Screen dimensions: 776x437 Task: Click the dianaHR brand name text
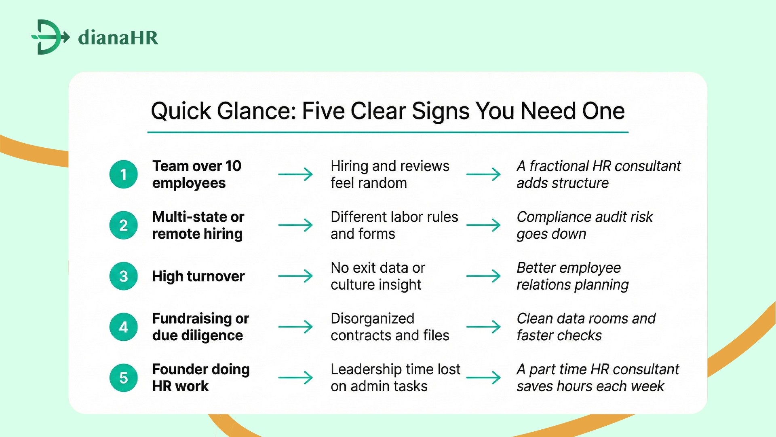[118, 38]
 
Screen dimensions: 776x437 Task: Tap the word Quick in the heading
[181, 111]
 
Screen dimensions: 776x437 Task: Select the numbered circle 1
[124, 174]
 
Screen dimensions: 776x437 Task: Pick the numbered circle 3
[124, 276]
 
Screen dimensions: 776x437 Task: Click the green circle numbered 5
[124, 378]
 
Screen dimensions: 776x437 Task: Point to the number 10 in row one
[233, 166]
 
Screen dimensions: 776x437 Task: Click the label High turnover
[198, 276]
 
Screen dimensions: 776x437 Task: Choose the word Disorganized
[372, 318]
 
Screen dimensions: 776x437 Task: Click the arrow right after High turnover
[295, 276]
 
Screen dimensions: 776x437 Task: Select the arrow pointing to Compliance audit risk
[483, 225]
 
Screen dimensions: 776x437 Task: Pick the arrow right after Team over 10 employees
[295, 174]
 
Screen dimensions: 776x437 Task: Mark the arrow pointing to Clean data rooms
[483, 327]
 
